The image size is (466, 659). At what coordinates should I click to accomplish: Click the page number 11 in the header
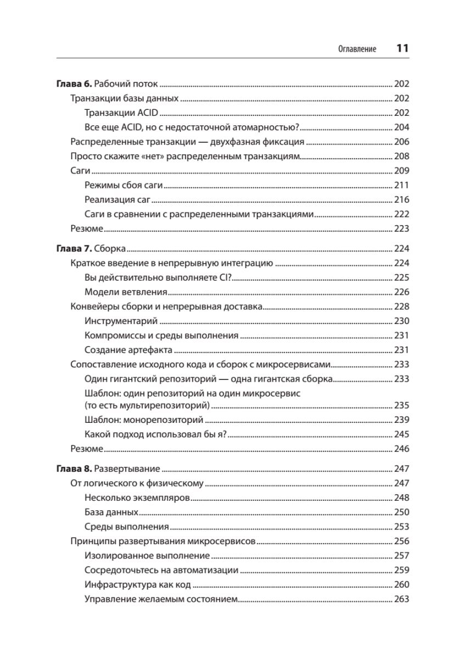[x=402, y=48]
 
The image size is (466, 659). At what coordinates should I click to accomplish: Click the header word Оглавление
[x=357, y=49]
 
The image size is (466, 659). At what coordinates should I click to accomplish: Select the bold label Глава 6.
[x=75, y=84]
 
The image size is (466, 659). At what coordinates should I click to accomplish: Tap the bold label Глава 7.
[x=75, y=248]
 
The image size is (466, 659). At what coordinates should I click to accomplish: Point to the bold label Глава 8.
[x=75, y=469]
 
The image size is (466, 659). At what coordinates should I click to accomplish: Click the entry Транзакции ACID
[x=121, y=113]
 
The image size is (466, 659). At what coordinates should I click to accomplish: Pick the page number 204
[x=402, y=127]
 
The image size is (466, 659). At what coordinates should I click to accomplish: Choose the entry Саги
[x=80, y=170]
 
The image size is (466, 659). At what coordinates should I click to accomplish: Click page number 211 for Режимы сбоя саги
[x=402, y=185]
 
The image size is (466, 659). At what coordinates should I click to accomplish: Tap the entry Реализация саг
[x=117, y=199]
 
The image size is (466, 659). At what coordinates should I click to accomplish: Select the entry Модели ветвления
[x=126, y=292]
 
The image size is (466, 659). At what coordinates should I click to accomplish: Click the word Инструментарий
[x=121, y=321]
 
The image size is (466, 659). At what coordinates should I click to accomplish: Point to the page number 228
[x=402, y=306]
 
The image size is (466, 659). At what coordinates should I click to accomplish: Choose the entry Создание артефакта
[x=129, y=350]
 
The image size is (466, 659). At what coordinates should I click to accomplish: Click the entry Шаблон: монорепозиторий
[x=144, y=420]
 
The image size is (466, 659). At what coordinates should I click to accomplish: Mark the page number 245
[x=402, y=434]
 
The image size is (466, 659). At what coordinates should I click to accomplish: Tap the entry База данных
[x=111, y=512]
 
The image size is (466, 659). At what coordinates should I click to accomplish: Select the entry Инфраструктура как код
[x=138, y=584]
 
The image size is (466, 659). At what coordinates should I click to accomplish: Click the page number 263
[x=402, y=599]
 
